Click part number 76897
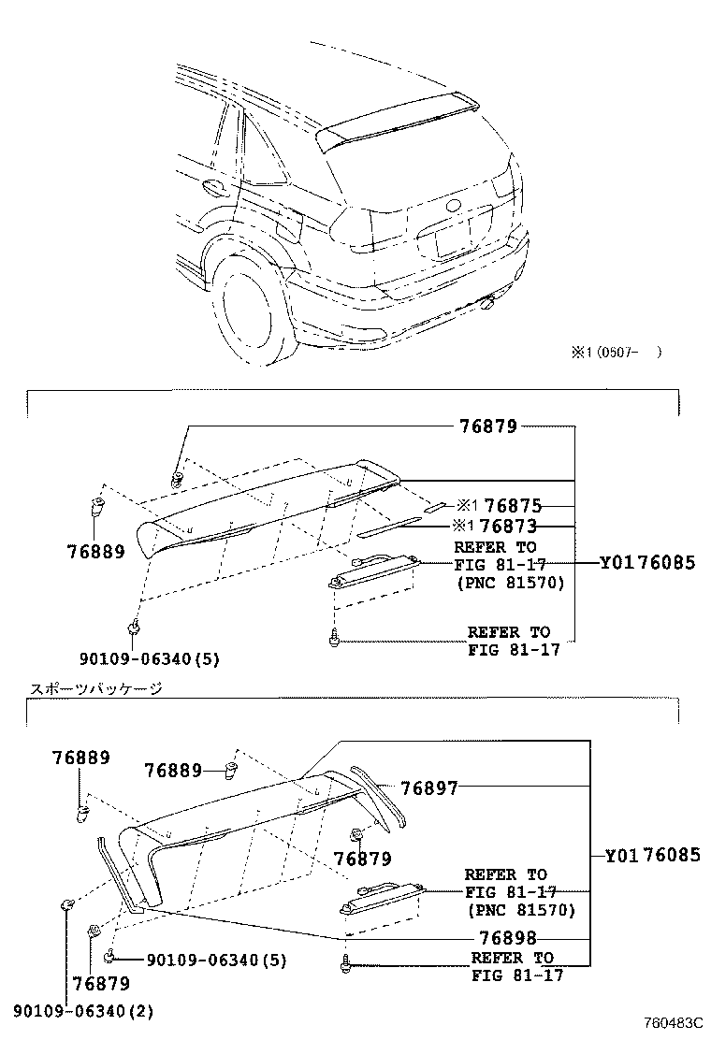(429, 788)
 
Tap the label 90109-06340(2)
(83, 1011)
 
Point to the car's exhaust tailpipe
(488, 302)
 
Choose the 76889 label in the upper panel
(95, 552)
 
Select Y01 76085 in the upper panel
(647, 563)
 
